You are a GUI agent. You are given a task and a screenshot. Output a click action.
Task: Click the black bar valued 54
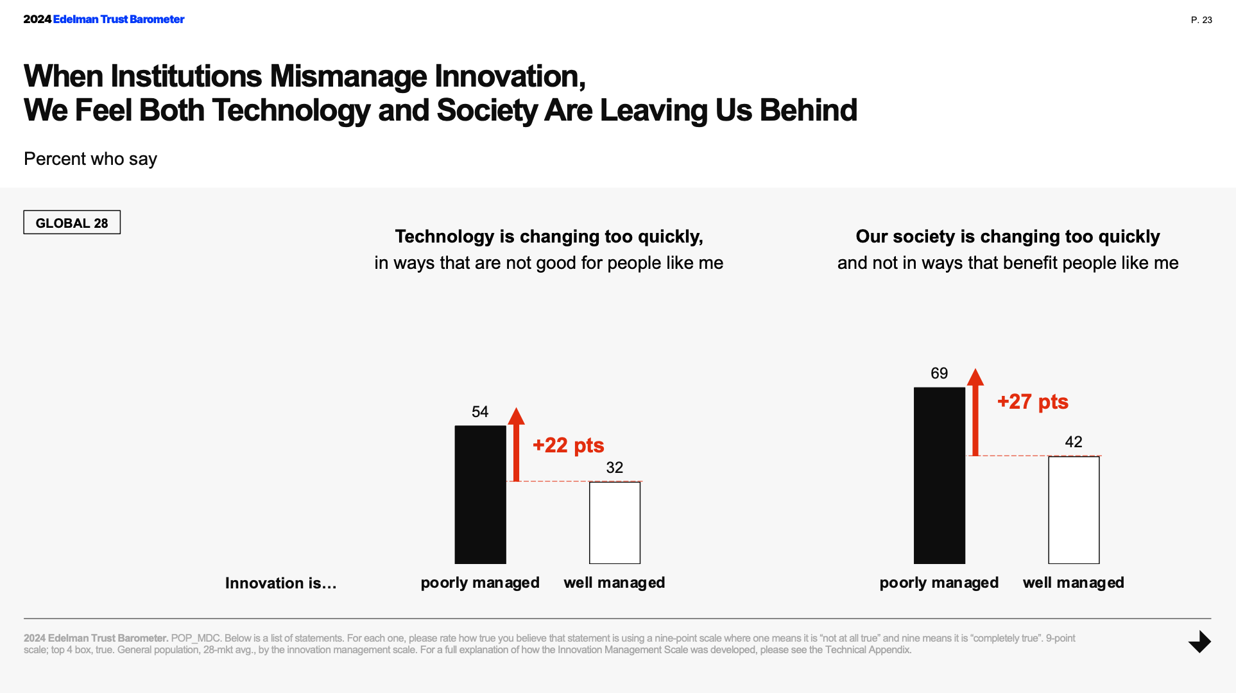click(480, 494)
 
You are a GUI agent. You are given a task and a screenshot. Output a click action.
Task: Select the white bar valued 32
click(614, 522)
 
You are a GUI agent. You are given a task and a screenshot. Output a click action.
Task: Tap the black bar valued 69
click(939, 475)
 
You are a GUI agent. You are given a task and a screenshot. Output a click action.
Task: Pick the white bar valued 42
click(1074, 509)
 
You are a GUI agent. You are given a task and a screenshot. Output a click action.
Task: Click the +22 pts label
click(568, 445)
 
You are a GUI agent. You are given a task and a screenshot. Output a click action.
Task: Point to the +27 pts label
click(1033, 402)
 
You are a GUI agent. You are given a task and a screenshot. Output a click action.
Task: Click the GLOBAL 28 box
click(72, 223)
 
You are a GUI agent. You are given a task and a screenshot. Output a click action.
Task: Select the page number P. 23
click(1201, 20)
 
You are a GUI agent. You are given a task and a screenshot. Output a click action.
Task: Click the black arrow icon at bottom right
click(1199, 642)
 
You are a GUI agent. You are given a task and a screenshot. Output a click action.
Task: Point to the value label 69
click(939, 373)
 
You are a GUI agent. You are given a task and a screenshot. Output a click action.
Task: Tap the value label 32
click(614, 468)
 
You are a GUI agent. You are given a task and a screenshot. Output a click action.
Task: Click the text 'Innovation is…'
click(280, 583)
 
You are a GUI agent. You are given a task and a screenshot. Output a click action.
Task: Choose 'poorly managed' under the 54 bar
click(480, 583)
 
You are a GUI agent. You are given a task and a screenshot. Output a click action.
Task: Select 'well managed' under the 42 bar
click(1073, 583)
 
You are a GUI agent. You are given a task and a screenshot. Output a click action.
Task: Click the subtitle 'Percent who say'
click(90, 159)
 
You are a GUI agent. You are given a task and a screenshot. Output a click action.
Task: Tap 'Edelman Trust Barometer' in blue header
click(119, 19)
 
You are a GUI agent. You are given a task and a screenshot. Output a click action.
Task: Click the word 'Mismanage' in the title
click(348, 76)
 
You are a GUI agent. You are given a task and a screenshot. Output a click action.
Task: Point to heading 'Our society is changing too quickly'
click(1008, 237)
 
